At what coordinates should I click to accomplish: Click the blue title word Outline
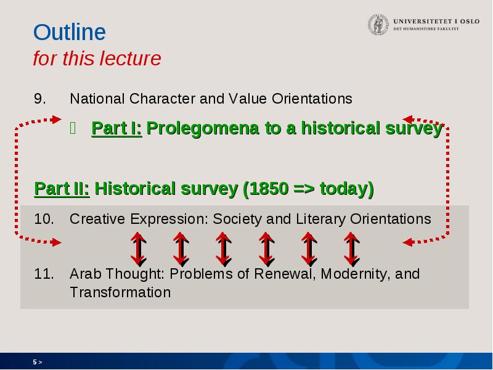[x=70, y=32]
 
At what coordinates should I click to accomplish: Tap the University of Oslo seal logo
[x=378, y=24]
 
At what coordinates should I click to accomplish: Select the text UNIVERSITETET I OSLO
[x=436, y=22]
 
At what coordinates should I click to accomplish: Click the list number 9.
[x=39, y=99]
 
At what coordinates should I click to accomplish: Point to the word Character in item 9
[x=162, y=99]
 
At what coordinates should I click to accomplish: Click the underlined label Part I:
[x=116, y=128]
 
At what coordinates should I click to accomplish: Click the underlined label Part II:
[x=62, y=189]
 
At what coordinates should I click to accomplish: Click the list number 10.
[x=44, y=219]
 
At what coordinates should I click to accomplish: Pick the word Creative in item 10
[x=97, y=219]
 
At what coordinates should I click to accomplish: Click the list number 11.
[x=44, y=274]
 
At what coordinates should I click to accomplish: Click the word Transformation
[x=120, y=292]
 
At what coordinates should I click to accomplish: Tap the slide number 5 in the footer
[x=35, y=362]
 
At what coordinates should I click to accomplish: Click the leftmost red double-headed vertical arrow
[x=138, y=249]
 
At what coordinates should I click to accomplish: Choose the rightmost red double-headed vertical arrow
[x=351, y=249]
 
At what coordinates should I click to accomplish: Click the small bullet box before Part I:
[x=73, y=128]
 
